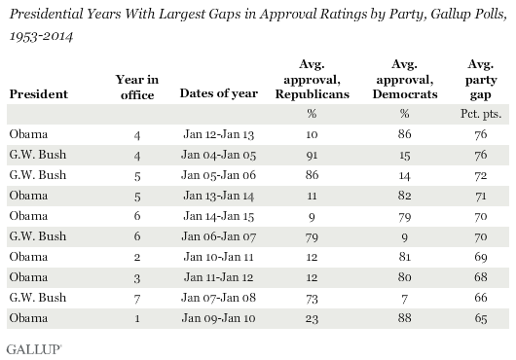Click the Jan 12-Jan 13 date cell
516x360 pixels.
point(208,130)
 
